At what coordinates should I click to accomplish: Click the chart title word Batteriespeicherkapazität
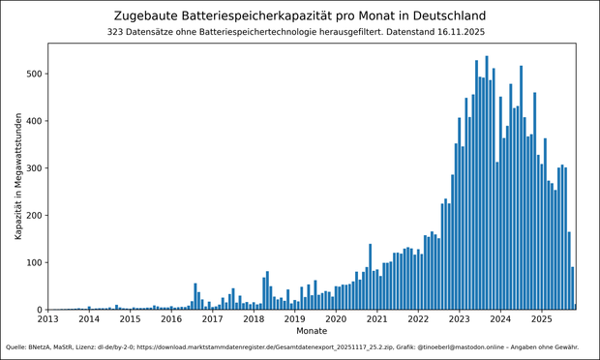point(254,16)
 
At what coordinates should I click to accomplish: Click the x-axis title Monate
point(312,331)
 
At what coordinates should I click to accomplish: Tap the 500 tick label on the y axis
point(32,75)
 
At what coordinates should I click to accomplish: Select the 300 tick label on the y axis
point(32,168)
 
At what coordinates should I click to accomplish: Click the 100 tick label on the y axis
point(32,263)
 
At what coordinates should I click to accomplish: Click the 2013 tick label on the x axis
point(47,319)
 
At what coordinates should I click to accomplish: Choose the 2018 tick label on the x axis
point(254,319)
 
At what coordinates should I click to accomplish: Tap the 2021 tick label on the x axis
point(376,319)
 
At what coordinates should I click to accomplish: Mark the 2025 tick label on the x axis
point(542,319)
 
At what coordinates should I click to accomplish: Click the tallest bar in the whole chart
point(487,184)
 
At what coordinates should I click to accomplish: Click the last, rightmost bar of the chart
point(575,307)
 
